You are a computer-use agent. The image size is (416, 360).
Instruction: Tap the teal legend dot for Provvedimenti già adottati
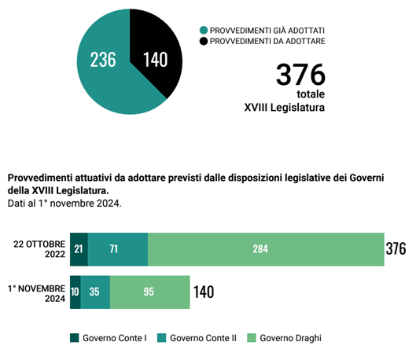[204, 30]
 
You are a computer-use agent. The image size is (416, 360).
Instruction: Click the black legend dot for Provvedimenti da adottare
[204, 41]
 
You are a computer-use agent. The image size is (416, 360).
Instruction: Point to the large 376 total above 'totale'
[300, 75]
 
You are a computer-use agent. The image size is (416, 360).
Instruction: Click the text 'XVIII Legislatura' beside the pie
[285, 108]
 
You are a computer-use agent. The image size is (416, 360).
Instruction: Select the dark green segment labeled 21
[79, 249]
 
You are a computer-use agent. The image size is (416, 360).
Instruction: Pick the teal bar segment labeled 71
[118, 249]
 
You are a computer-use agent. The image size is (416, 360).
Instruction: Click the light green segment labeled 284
[266, 249]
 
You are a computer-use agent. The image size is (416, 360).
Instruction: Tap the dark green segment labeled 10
[75, 292]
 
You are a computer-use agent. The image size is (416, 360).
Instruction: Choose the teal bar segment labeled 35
[95, 292]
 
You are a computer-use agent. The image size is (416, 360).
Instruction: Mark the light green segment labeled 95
[150, 292]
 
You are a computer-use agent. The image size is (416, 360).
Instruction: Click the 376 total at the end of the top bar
[396, 248]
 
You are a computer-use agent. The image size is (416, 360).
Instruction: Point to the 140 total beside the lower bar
[204, 292]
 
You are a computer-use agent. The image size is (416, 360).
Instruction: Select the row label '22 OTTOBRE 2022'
[39, 249]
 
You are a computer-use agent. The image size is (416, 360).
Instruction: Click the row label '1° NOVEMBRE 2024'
[36, 293]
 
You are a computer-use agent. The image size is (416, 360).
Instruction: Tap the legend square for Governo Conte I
[74, 338]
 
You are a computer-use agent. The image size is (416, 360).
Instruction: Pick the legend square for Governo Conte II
[161, 338]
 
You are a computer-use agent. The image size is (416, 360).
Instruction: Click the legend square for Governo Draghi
[252, 338]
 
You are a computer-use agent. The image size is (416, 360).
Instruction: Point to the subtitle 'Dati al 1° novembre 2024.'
[64, 204]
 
